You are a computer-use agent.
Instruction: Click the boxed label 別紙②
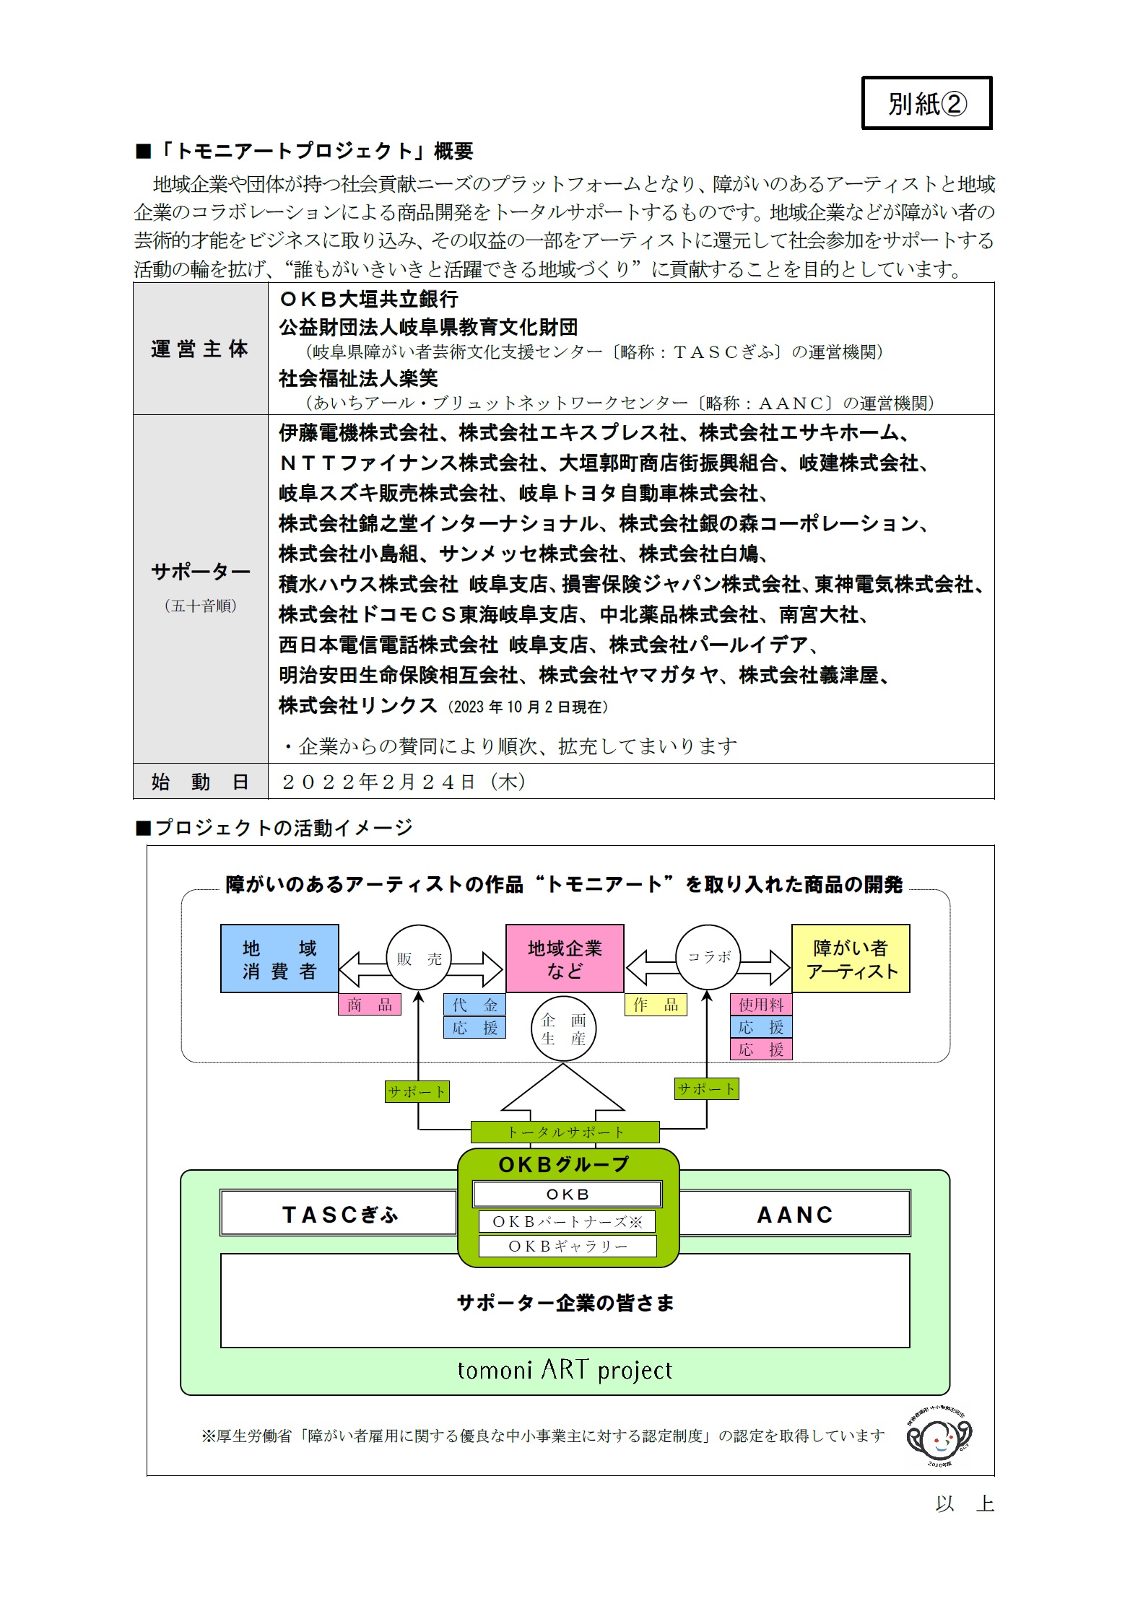(926, 103)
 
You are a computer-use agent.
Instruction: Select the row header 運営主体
(200, 349)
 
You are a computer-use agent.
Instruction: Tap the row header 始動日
(200, 781)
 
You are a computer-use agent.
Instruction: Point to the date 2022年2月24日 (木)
(404, 782)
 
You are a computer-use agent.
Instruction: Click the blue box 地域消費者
(279, 959)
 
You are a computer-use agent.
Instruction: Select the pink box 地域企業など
(565, 959)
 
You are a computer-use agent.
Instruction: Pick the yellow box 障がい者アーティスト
(851, 959)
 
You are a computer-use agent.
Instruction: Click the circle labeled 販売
(419, 959)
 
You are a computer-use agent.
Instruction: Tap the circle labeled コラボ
(708, 957)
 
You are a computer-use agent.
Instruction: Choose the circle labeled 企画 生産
(563, 1029)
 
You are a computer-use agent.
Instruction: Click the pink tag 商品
(369, 1005)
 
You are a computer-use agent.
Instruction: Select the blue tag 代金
(474, 1005)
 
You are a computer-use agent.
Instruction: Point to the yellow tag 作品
(656, 1005)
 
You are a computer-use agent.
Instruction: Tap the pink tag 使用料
(761, 1005)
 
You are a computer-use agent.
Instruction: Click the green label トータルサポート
(565, 1132)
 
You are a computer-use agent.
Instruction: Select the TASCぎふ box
(339, 1215)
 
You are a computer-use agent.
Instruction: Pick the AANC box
(794, 1215)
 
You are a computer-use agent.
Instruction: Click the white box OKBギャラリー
(568, 1246)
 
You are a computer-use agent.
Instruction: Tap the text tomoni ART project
(565, 1369)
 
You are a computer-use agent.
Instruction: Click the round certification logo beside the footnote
(939, 1437)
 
